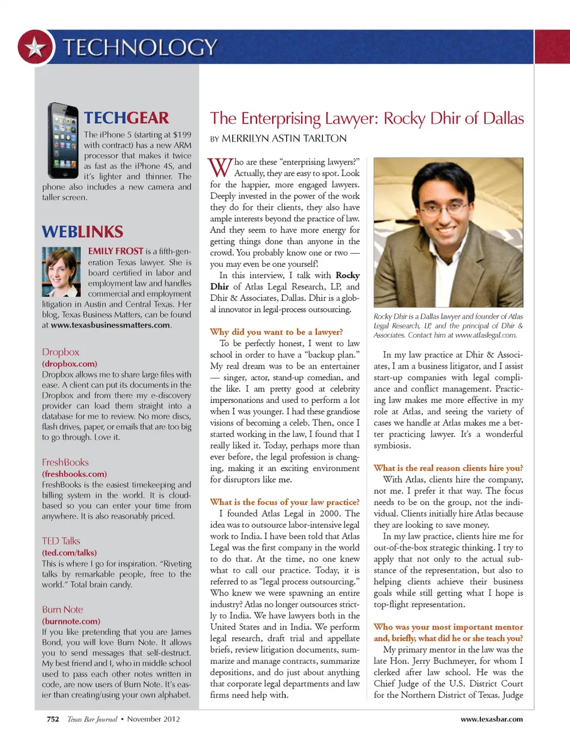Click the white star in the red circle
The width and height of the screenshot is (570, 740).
pos(35,47)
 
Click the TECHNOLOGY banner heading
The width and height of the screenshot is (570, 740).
pos(140,47)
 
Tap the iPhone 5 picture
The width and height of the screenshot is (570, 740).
pos(63,140)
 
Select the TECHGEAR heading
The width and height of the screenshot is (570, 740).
pos(126,118)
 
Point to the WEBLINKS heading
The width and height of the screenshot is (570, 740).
pos(83,231)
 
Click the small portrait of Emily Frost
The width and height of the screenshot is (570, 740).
pos(61,272)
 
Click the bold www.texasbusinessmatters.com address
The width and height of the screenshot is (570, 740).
pos(111,325)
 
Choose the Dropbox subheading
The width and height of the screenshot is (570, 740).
pos(61,352)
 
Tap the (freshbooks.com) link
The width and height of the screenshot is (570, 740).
pos(74,474)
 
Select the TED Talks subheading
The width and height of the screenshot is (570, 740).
pos(61,541)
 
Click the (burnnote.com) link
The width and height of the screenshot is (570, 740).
pos(71,621)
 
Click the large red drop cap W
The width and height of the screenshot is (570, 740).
pos(220,168)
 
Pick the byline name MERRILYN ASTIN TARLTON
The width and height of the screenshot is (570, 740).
pos(284,138)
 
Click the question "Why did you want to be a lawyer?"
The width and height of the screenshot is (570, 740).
pos(276,332)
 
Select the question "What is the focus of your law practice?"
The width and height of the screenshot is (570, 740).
pos(284,502)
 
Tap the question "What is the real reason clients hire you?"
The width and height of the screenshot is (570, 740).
pos(448,468)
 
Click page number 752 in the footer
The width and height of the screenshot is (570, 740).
pos(53,719)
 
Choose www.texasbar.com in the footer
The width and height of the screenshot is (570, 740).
pos(492,719)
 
